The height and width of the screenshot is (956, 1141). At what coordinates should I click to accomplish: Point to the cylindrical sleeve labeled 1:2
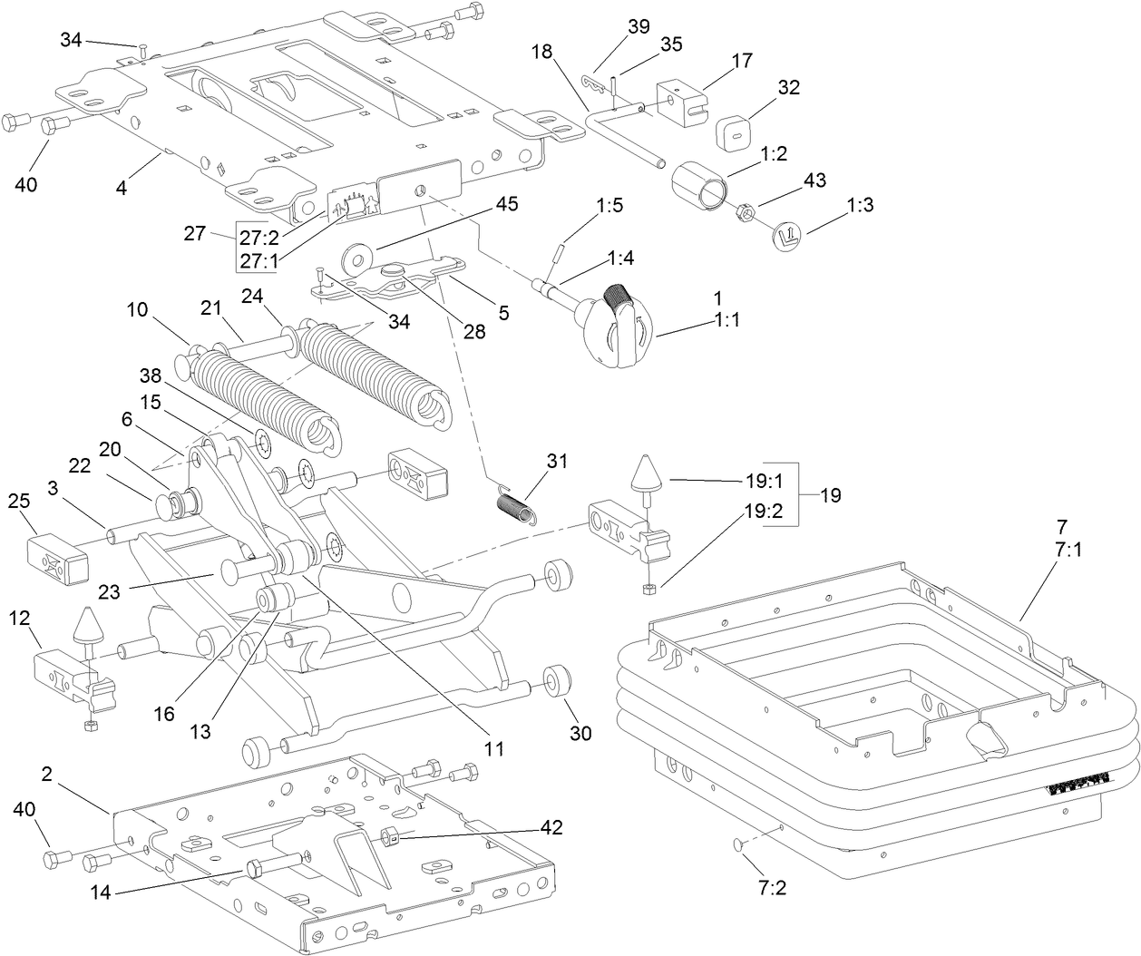click(x=698, y=182)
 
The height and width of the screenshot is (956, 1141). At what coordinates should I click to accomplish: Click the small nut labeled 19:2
click(x=649, y=589)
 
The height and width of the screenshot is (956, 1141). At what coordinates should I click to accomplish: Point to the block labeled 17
click(x=680, y=101)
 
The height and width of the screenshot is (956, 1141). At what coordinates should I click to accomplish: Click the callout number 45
click(x=505, y=204)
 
